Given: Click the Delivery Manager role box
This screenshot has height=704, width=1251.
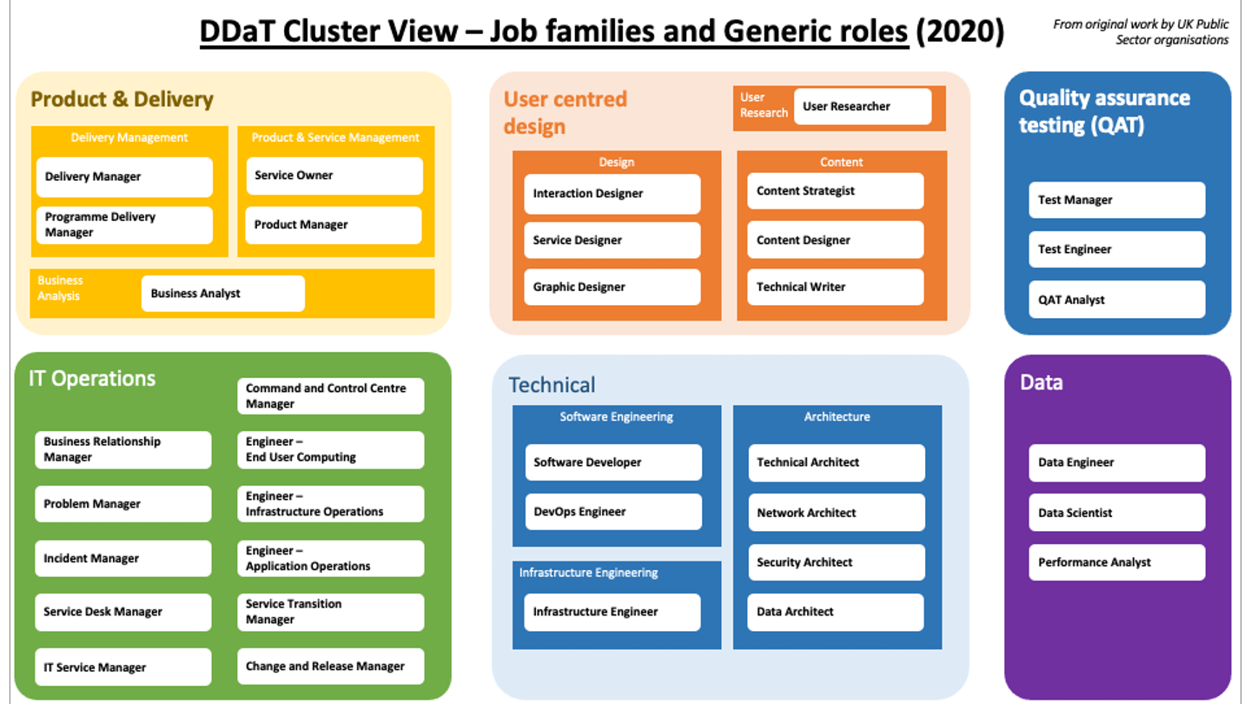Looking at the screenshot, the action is pyautogui.click(x=124, y=176).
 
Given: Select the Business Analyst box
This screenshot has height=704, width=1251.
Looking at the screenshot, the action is pyautogui.click(x=222, y=294).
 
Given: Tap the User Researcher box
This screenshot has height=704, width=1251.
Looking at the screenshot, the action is pyautogui.click(x=863, y=106).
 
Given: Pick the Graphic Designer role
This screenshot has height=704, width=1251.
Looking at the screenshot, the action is pyautogui.click(x=612, y=287).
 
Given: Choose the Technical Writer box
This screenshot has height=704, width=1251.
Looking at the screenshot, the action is pyautogui.click(x=836, y=287).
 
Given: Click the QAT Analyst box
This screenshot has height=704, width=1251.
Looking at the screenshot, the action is pyautogui.click(x=1117, y=300).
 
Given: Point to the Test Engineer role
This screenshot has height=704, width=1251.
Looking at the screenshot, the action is pyautogui.click(x=1117, y=249).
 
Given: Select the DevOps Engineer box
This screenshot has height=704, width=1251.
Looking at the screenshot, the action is pyautogui.click(x=613, y=511).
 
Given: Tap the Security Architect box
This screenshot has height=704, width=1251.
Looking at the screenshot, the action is pyautogui.click(x=837, y=562).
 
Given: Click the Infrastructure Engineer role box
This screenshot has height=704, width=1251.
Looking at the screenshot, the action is pyautogui.click(x=612, y=612).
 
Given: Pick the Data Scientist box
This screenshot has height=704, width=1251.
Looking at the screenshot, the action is pyautogui.click(x=1117, y=513).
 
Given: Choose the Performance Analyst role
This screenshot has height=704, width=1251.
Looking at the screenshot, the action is pyautogui.click(x=1117, y=562).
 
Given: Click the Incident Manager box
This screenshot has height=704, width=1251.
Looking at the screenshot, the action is pyautogui.click(x=122, y=558).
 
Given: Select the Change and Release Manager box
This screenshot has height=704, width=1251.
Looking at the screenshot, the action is pyautogui.click(x=331, y=666).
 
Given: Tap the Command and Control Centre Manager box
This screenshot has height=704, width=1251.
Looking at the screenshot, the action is pyautogui.click(x=331, y=396).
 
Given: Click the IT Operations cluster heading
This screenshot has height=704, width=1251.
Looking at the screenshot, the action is pyautogui.click(x=92, y=379).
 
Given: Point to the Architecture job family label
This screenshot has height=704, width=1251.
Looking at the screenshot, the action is pyautogui.click(x=837, y=417).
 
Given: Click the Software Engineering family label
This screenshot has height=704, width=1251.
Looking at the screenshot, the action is pyautogui.click(x=617, y=417).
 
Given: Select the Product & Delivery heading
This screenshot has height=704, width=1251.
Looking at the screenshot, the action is pyautogui.click(x=122, y=99).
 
